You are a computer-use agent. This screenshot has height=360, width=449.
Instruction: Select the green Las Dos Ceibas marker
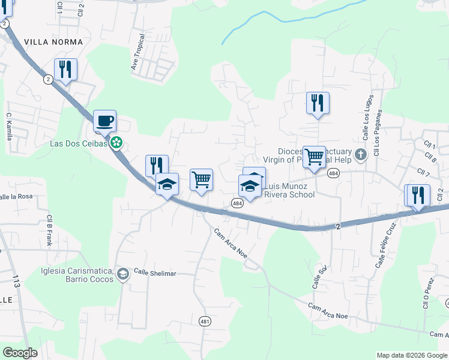click(x=117, y=143)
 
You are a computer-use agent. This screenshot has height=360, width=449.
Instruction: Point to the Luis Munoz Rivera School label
click(x=290, y=190)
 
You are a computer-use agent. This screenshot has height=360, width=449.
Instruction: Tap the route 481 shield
click(x=205, y=322)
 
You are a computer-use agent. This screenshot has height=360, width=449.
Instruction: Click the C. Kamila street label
click(x=9, y=126)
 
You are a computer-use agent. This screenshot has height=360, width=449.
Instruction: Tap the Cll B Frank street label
click(x=49, y=230)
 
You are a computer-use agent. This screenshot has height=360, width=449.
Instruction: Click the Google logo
click(x=20, y=353)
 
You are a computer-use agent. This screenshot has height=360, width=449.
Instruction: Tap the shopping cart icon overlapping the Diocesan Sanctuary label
click(x=314, y=158)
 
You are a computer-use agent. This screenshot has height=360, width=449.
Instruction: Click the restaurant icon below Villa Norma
click(x=65, y=70)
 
